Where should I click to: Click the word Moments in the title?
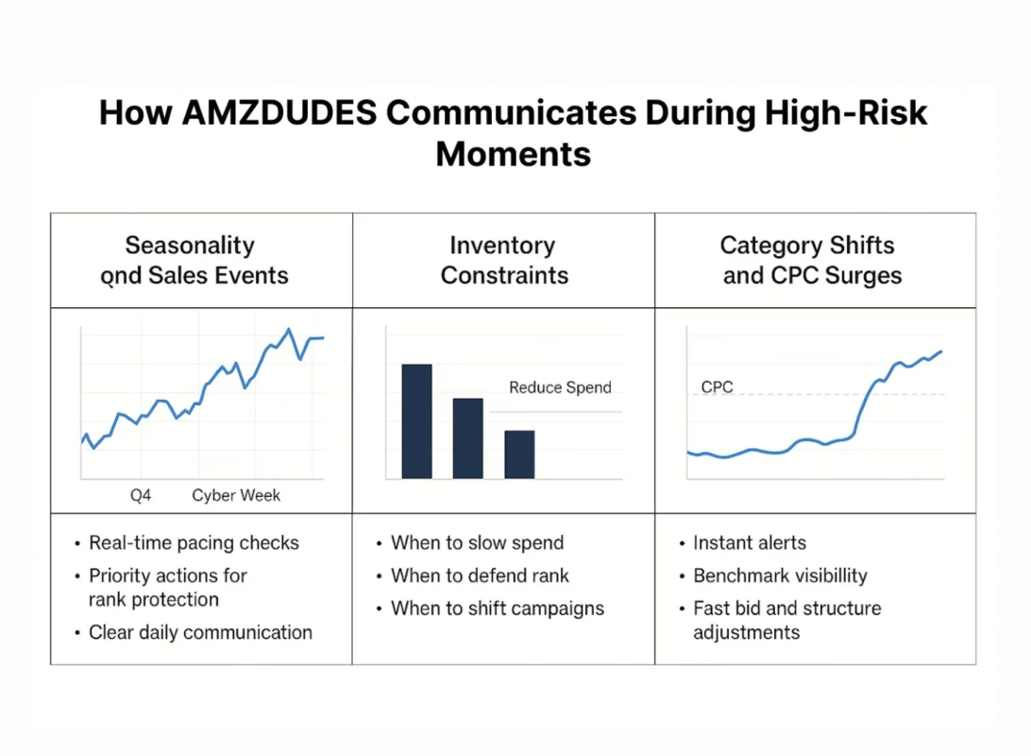click(514, 153)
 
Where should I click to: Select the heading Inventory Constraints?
click(504, 261)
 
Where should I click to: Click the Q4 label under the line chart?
click(141, 495)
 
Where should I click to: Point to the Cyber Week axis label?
click(236, 495)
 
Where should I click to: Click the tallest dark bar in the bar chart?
click(416, 421)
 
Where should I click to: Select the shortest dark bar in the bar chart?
click(519, 454)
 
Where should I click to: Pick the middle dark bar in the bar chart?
click(467, 438)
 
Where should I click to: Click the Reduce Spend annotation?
click(560, 387)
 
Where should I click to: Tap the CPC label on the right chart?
click(717, 387)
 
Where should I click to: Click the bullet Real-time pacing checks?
click(194, 543)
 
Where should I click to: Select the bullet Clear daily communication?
click(200, 632)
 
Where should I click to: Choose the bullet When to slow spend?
click(477, 543)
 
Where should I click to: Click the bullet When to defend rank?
click(480, 576)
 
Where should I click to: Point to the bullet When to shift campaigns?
click(498, 609)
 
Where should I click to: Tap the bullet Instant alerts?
click(750, 543)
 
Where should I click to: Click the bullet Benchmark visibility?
click(780, 576)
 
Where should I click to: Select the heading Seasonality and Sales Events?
click(194, 261)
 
